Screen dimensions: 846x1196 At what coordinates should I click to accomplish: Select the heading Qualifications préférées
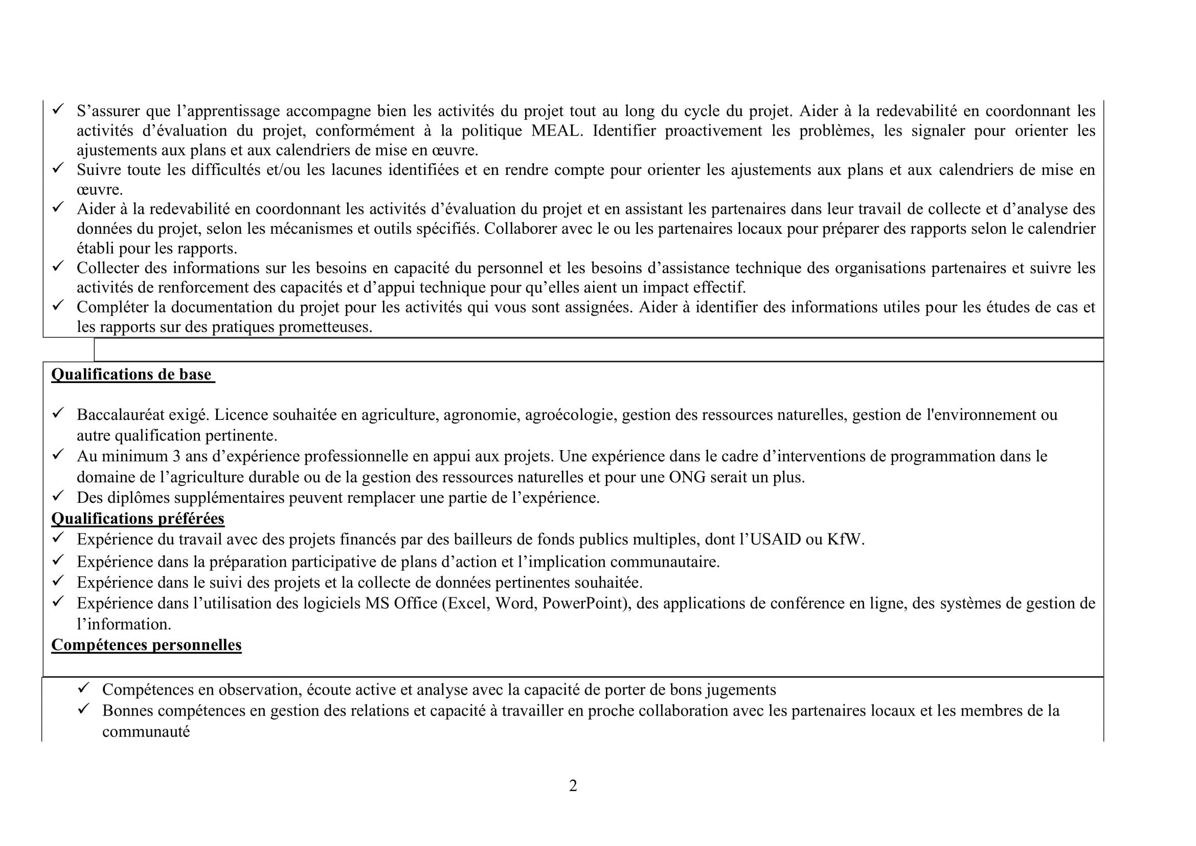[x=138, y=518]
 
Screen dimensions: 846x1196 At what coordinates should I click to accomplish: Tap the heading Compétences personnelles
[x=146, y=645]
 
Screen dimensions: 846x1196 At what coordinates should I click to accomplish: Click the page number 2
[x=573, y=786]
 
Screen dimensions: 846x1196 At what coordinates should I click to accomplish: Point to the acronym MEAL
[x=555, y=131]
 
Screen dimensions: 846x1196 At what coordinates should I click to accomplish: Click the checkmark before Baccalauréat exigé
[x=57, y=414]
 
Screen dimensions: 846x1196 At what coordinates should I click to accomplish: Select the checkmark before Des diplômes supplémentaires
[x=57, y=496]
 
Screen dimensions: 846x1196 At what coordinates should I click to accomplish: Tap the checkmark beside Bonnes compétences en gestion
[x=83, y=709]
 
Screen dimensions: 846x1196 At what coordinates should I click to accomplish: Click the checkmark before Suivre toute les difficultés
[x=57, y=168]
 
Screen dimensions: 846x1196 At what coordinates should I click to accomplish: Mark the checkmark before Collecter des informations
[x=57, y=266]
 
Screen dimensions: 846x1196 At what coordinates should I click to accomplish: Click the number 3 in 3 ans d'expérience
[x=176, y=456]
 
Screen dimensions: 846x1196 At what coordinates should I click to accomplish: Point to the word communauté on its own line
[x=146, y=732]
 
